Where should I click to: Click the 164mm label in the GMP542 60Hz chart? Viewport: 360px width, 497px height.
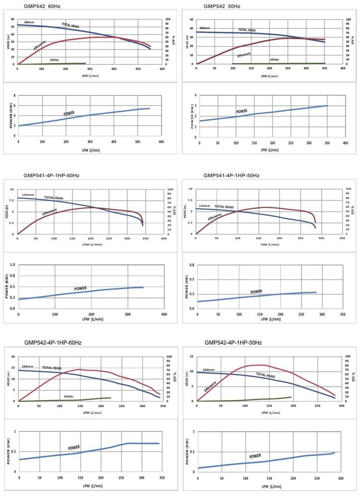pos(29,22)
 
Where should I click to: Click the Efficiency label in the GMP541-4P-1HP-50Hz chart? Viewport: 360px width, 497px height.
pos(215,217)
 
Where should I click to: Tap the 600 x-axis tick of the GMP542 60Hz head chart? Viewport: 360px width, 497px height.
pos(162,69)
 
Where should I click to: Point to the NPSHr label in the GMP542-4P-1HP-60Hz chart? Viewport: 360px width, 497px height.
pos(70,396)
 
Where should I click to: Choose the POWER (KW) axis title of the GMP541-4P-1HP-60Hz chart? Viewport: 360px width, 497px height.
pos(7,287)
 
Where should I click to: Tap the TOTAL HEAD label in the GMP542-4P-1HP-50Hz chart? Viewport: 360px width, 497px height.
pos(266,376)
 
